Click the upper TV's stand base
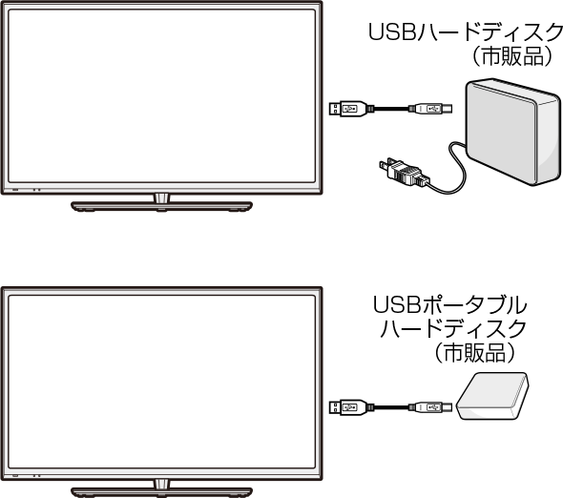[x=161, y=206]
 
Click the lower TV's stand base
[x=161, y=492]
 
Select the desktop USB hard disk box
[x=513, y=132]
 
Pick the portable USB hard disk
[x=492, y=396]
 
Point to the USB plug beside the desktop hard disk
[x=430, y=109]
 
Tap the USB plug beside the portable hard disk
[x=430, y=407]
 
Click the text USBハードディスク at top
[x=466, y=31]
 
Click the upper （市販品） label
[x=512, y=56]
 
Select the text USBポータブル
[x=449, y=305]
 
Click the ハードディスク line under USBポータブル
[x=453, y=328]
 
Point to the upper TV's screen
[x=161, y=96]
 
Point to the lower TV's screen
[x=161, y=382]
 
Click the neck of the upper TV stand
[x=161, y=197]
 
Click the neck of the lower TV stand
[x=161, y=484]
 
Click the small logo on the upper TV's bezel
[x=15, y=189]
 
